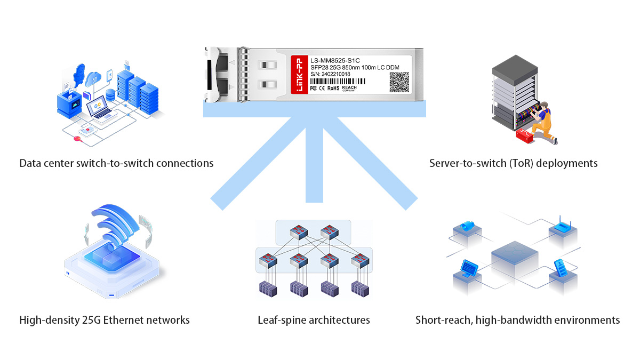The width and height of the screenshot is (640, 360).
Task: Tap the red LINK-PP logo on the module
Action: tap(299, 75)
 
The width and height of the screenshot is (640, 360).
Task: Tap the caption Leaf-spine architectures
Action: tap(314, 321)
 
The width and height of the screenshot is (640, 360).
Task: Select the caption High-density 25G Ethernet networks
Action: tap(105, 321)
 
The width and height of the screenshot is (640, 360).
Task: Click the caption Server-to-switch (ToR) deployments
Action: tap(513, 163)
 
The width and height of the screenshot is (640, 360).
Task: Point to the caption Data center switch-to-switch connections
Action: tap(116, 163)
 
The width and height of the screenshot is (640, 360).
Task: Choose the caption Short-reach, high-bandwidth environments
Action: tap(517, 321)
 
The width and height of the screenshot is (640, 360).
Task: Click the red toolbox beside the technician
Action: tap(524, 135)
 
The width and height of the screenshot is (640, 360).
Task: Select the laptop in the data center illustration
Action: tap(99, 108)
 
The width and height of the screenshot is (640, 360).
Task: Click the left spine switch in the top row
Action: tap(298, 232)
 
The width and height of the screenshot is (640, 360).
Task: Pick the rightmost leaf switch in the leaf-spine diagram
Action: tap(359, 261)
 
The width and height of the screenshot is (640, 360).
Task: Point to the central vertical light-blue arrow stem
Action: tap(314, 160)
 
